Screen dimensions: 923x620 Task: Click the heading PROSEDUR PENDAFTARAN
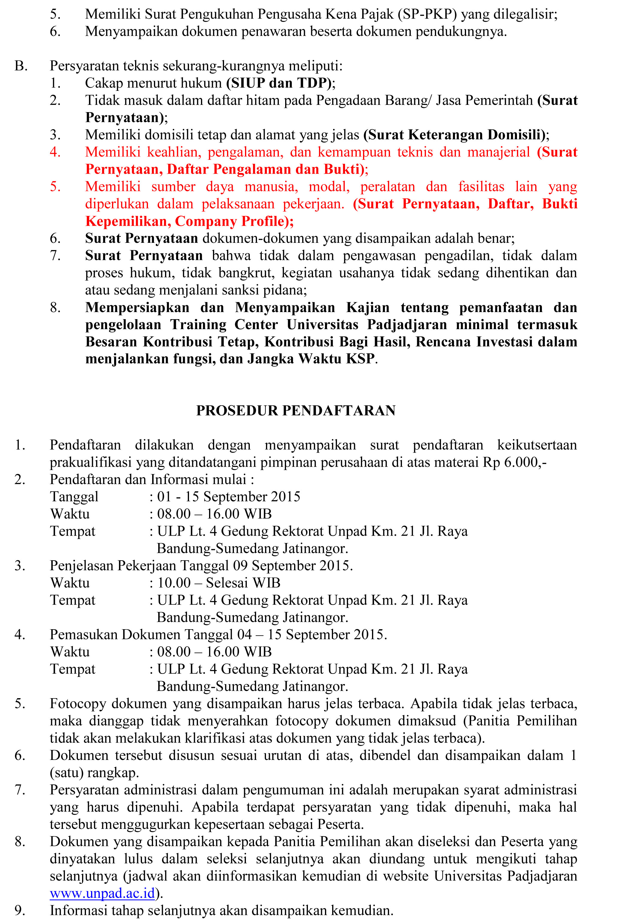click(x=296, y=410)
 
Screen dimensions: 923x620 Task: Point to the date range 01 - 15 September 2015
click(x=229, y=496)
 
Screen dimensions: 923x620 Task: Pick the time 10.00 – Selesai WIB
click(x=219, y=583)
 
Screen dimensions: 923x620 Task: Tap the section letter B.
click(x=21, y=66)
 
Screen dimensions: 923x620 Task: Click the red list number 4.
click(x=55, y=152)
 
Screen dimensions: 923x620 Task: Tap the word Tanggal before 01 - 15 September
click(x=74, y=496)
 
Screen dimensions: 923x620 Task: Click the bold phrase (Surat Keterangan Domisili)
click(x=454, y=135)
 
